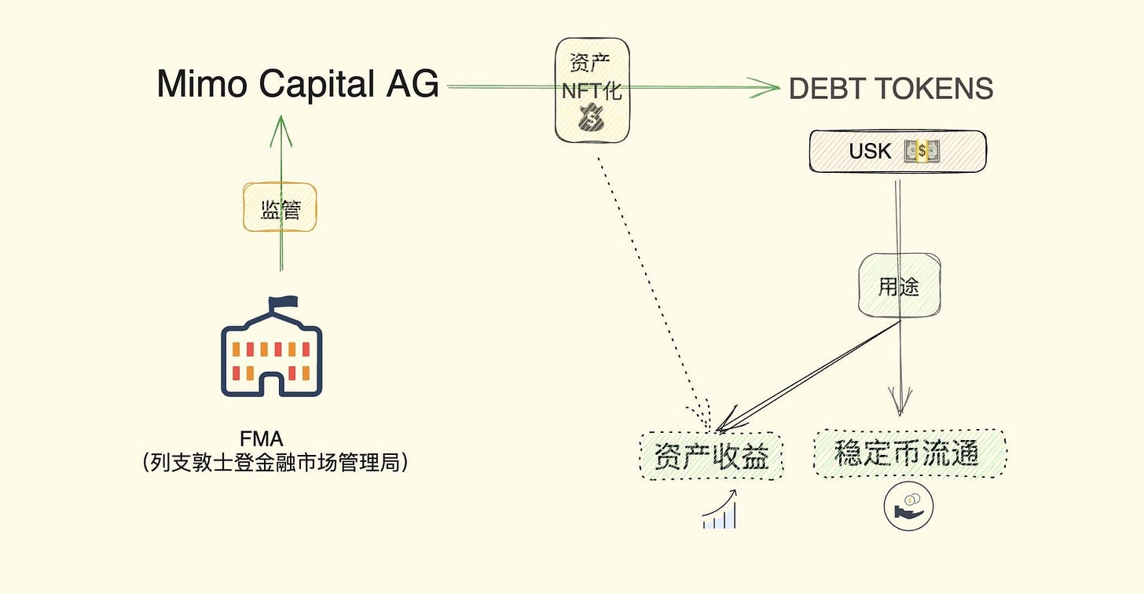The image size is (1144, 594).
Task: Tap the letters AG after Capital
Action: click(412, 84)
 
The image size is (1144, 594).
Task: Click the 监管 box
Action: click(280, 207)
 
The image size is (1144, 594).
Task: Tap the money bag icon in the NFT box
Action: click(592, 119)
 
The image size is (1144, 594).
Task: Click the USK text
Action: click(870, 151)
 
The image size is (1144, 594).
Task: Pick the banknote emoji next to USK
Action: click(921, 151)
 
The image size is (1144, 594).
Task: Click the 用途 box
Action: click(899, 286)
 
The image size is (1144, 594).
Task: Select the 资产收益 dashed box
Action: click(712, 456)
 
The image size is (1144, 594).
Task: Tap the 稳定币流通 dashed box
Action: click(910, 453)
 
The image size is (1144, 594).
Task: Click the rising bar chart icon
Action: click(720, 510)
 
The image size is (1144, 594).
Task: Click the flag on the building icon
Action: click(284, 302)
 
